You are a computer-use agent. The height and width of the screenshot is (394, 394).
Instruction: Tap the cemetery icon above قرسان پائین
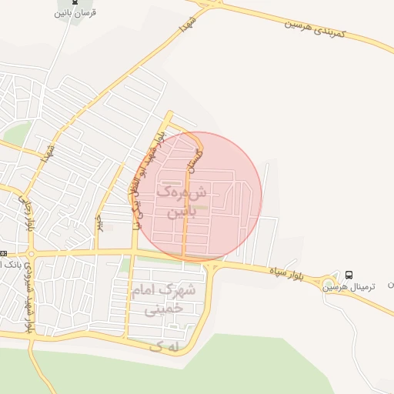pos(75,2)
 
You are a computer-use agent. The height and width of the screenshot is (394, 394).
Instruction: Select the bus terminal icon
pos(349,275)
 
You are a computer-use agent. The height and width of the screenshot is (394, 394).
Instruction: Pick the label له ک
pos(167,347)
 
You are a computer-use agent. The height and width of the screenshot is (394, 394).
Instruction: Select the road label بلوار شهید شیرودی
pos(28,296)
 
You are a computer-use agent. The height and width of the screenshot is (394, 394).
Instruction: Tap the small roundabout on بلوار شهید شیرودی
pos(31,254)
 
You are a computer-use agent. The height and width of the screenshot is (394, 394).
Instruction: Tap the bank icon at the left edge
pos(3,253)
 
